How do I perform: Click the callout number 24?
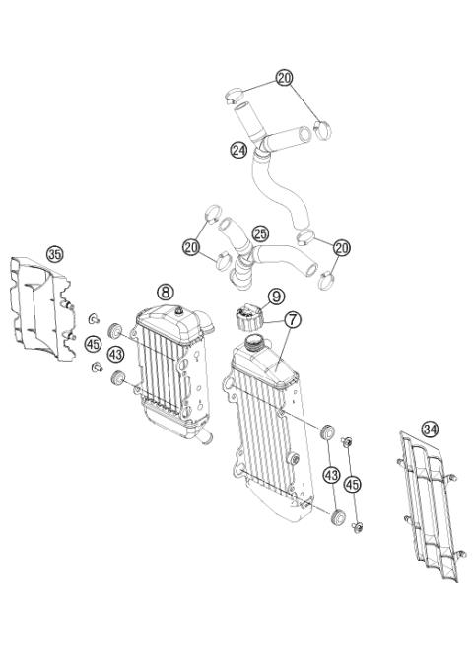tap(237, 151)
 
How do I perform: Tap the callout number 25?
tap(260, 233)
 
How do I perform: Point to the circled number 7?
tap(293, 320)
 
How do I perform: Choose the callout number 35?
tap(54, 254)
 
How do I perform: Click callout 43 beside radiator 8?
tap(116, 354)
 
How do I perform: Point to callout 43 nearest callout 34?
tap(330, 476)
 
